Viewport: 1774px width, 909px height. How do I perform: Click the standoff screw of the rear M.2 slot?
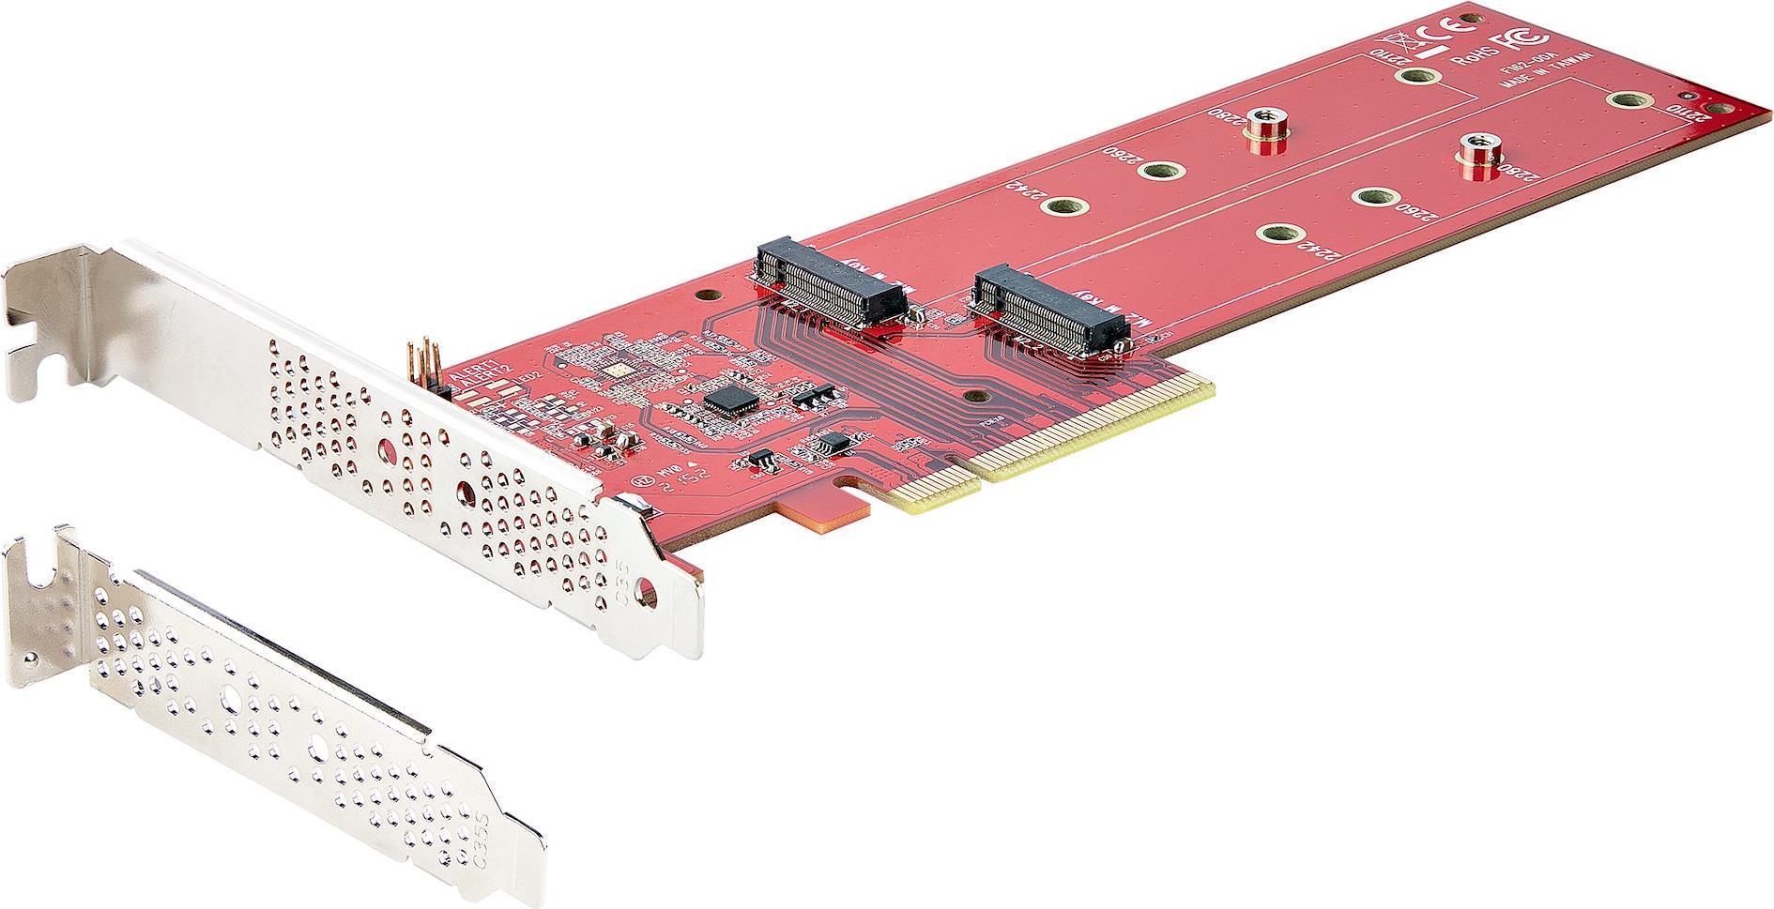[x=1265, y=130]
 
